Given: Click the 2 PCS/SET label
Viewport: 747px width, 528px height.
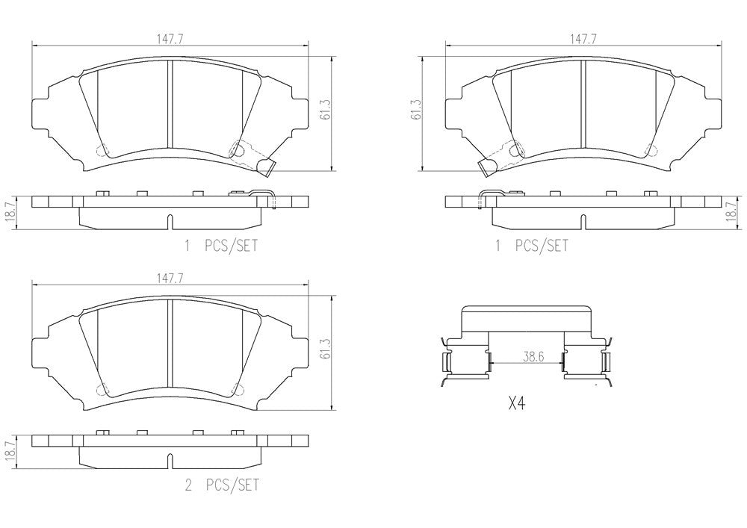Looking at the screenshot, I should (x=221, y=485).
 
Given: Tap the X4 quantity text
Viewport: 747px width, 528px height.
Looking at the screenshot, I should (x=517, y=404).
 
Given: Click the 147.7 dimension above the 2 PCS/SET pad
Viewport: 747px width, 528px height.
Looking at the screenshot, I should (x=170, y=278).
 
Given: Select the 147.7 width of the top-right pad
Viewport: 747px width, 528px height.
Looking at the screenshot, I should (x=583, y=40).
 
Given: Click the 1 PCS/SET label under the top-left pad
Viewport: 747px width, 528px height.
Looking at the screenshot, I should (x=221, y=246).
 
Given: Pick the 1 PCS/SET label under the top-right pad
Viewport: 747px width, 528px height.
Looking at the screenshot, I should (x=531, y=246).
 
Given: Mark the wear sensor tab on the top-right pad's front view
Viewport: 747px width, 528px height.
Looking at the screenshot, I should (x=487, y=168).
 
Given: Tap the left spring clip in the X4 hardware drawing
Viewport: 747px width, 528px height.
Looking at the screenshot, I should (x=449, y=363).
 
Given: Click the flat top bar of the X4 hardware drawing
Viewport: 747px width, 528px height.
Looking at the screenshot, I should (x=527, y=320).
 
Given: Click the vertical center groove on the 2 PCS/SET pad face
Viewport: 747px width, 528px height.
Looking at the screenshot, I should (x=171, y=344).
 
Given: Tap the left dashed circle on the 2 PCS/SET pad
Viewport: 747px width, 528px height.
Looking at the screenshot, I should (x=102, y=389).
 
